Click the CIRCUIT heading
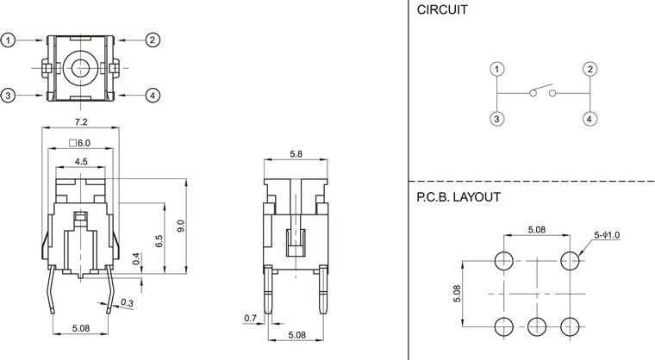[443, 10]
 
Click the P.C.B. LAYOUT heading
[458, 196]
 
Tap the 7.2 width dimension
[82, 123]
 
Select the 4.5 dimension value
[81, 161]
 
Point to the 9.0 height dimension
[180, 227]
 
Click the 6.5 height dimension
[159, 241]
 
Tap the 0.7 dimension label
[250, 319]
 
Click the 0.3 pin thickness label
[128, 302]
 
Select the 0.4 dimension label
[136, 258]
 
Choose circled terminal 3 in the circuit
[497, 119]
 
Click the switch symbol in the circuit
[543, 92]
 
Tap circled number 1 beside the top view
[9, 40]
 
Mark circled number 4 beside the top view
[153, 95]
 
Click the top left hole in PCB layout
[504, 260]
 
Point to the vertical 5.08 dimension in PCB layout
[458, 293]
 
